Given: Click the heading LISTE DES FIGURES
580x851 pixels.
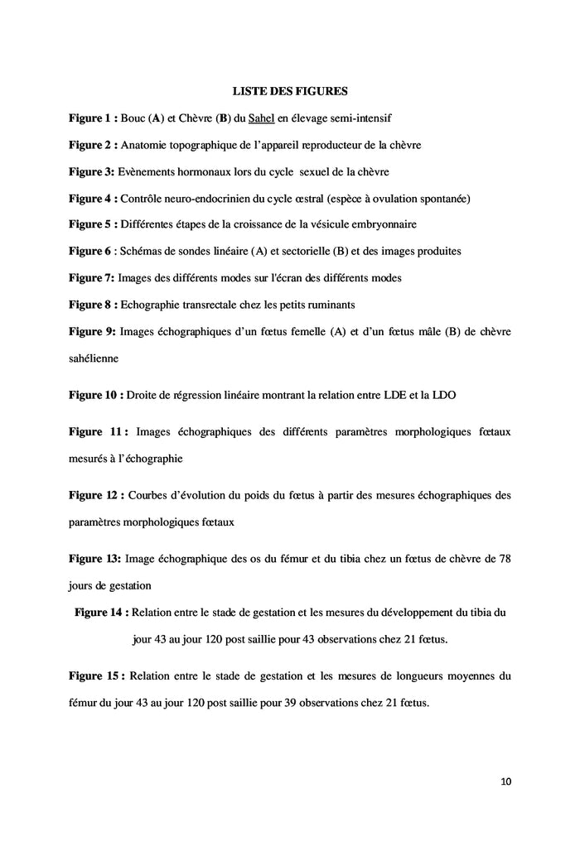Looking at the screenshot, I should pyautogui.click(x=289, y=90).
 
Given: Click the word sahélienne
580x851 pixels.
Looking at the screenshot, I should pyautogui.click(x=93, y=358).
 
